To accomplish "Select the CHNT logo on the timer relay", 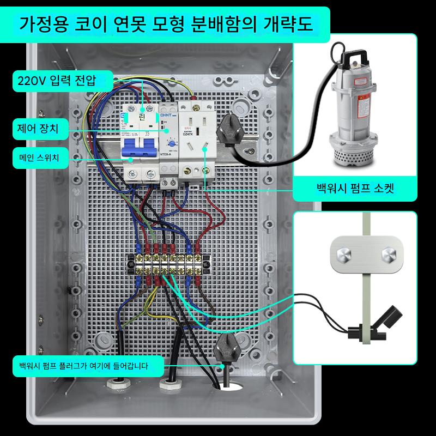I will [x=166, y=115].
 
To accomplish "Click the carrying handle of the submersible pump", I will [x=352, y=55].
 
